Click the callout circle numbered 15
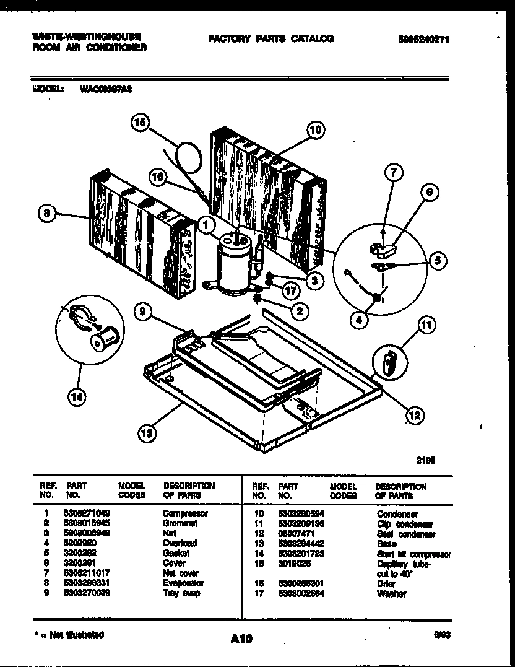140,123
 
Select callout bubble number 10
315,129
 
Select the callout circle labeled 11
426,324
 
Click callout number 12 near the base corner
414,414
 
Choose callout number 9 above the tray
142,313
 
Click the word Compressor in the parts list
185,513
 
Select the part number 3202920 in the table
78,543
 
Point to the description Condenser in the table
397,514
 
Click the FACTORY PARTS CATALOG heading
270,38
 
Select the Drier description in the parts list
386,583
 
